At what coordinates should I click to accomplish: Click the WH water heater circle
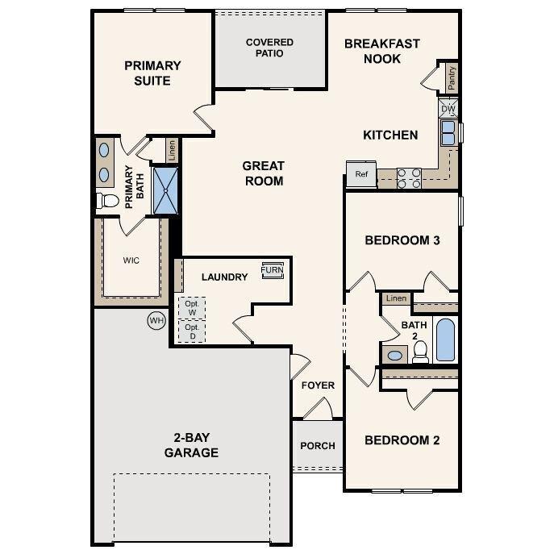[156, 320]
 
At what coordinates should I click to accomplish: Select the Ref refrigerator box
[361, 173]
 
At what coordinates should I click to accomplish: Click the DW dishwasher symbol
[448, 108]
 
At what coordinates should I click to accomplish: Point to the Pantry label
[452, 77]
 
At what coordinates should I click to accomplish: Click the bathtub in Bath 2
[445, 339]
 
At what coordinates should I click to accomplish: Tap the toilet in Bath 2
[419, 351]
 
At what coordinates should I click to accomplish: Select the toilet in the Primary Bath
[107, 200]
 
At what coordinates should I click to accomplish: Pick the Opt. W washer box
[192, 308]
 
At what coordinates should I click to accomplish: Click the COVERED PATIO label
[269, 48]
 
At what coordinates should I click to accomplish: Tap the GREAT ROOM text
[263, 173]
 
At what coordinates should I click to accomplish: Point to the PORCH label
[318, 446]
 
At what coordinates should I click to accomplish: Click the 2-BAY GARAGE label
[191, 445]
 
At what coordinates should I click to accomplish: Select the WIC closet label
[131, 260]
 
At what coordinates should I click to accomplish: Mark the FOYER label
[318, 385]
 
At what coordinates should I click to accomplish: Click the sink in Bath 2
[395, 355]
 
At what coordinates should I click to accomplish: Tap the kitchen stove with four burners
[409, 177]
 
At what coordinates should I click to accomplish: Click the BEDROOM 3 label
[402, 240]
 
